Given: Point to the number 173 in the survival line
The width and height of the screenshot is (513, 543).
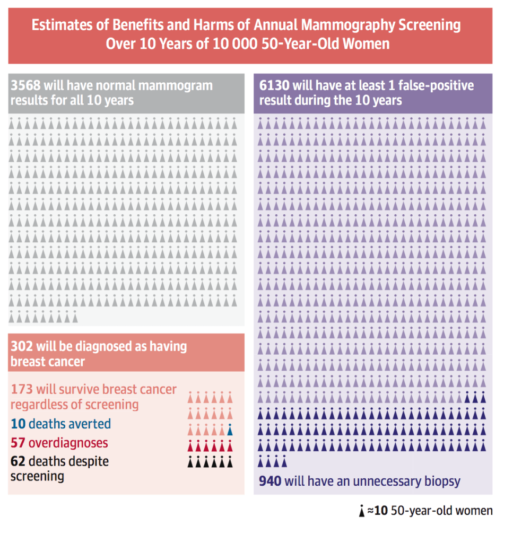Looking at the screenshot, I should (22, 390).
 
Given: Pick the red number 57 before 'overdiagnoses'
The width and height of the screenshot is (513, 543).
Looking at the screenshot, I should (18, 443).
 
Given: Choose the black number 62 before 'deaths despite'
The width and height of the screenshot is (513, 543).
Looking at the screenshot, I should (18, 461).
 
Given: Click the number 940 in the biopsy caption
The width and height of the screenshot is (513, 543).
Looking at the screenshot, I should (270, 481).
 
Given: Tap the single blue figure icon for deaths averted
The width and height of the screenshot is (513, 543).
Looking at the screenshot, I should (230, 430).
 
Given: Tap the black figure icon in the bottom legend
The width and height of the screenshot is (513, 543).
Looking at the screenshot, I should (362, 512).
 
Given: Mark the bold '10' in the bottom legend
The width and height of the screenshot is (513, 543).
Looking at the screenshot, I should (381, 511).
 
